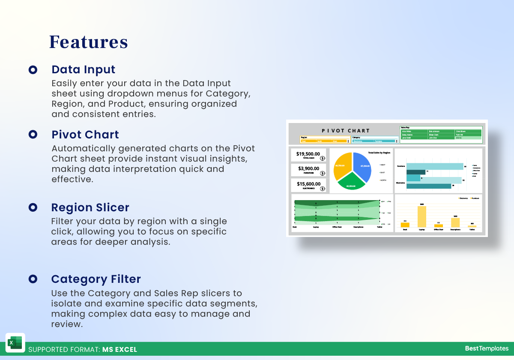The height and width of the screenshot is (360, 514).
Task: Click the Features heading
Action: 88,42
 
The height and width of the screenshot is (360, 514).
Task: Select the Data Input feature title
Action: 83,69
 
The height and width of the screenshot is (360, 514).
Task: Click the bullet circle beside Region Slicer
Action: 33,207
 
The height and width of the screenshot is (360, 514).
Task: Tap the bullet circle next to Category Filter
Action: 33,279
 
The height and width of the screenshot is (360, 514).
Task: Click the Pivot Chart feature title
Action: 85,135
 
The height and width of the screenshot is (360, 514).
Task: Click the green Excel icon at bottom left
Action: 15,343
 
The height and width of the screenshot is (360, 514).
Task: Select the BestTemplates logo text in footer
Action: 487,348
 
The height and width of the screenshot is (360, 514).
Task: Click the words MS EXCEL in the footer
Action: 120,349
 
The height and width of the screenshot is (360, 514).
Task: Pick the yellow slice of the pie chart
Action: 341,165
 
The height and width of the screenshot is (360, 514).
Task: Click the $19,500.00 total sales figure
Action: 308,154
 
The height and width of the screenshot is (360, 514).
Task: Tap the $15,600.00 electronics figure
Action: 308,184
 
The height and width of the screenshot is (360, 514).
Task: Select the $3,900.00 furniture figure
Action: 308,168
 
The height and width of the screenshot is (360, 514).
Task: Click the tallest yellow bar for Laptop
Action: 422,216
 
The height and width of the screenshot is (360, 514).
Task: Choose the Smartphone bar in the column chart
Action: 455,222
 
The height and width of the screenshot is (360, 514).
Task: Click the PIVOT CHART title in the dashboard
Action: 346,131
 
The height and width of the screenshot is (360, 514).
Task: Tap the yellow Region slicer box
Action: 325,140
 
